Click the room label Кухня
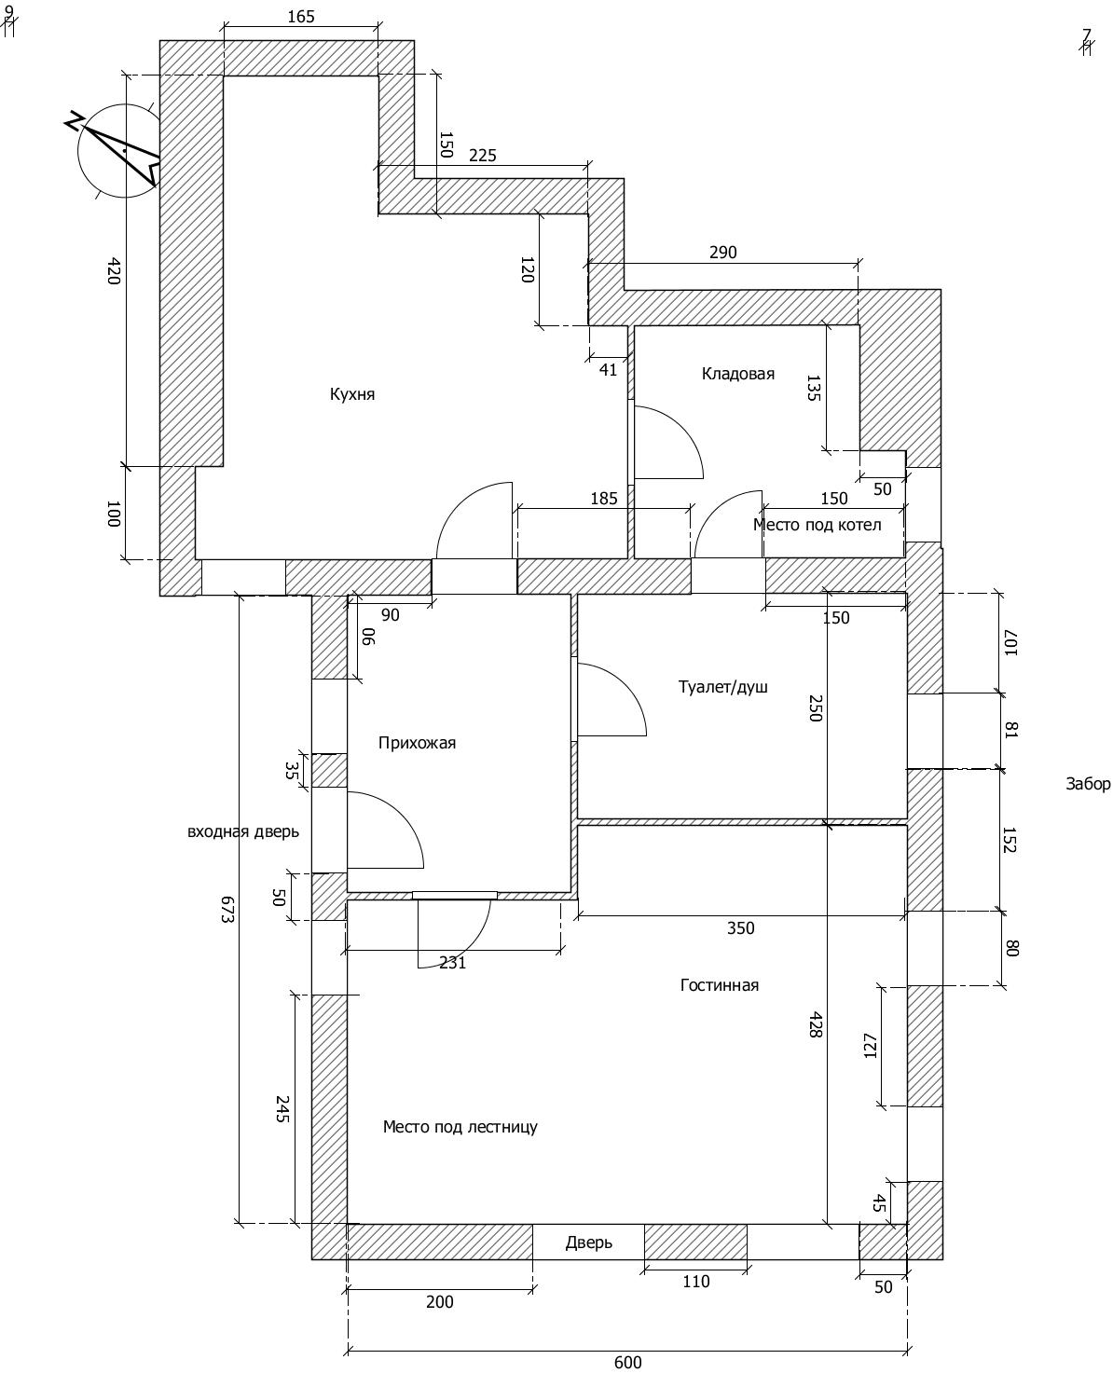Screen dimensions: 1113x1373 [x=351, y=394]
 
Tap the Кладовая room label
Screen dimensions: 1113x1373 [x=738, y=374]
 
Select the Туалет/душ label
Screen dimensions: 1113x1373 [x=722, y=686]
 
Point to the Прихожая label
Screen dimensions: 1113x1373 [x=417, y=743]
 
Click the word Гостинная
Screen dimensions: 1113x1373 [x=720, y=985]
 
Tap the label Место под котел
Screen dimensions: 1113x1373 [x=817, y=525]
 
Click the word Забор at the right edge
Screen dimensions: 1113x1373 [x=1088, y=784]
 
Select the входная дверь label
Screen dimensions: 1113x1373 [x=243, y=831]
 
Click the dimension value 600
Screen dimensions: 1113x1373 [x=627, y=1362]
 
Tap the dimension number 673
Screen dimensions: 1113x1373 [x=227, y=909]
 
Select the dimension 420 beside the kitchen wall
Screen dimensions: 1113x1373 [x=114, y=270]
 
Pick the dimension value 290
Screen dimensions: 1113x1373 [x=722, y=253]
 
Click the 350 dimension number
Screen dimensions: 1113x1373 [x=740, y=928]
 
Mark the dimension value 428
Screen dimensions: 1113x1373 [x=816, y=1025]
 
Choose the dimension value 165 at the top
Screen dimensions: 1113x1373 [x=301, y=17]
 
